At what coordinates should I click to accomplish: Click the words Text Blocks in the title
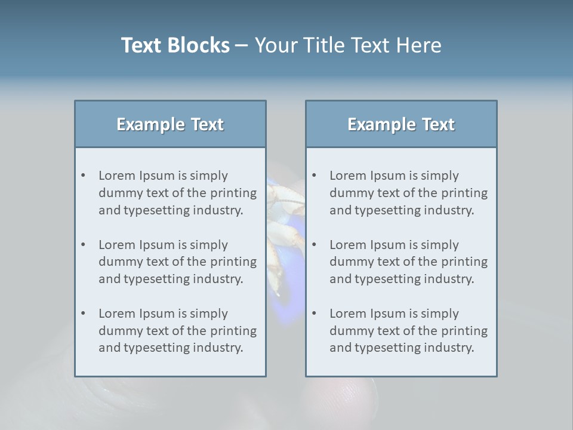tap(175, 45)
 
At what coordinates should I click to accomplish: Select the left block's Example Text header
tap(170, 124)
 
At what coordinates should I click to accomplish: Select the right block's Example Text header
tap(401, 124)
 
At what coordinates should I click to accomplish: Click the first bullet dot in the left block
tap(84, 176)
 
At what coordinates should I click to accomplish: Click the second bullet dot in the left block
tap(84, 245)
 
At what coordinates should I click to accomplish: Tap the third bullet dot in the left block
tap(84, 314)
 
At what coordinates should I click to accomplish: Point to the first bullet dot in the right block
tap(315, 176)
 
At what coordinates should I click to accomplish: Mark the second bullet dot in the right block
tap(315, 245)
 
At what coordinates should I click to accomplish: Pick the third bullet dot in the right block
tap(315, 314)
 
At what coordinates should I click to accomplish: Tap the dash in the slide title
tap(242, 45)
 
